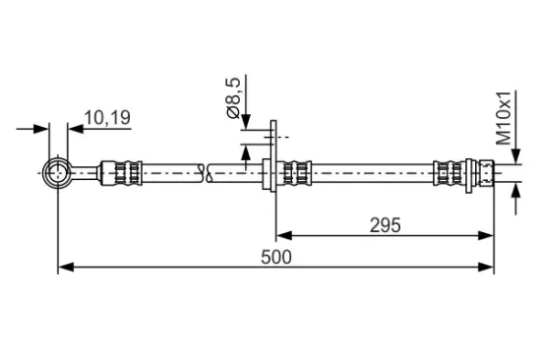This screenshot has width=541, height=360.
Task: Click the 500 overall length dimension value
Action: pos(276,258)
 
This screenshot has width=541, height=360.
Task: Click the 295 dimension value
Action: pos(385,225)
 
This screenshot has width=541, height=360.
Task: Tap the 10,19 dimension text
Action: pos(107,118)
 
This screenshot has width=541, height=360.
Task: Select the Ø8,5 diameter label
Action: pos(233,98)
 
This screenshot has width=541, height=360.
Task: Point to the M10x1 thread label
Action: pos(504,118)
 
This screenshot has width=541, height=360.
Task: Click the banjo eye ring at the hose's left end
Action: pos(57,172)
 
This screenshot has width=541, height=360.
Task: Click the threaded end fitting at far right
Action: pos(487,173)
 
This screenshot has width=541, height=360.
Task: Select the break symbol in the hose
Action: pos(206,173)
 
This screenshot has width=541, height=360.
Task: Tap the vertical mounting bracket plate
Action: pos(273,156)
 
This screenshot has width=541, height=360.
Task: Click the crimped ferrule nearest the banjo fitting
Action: pos(121,173)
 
